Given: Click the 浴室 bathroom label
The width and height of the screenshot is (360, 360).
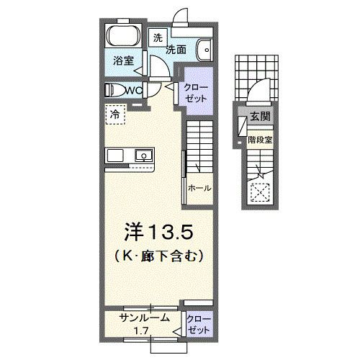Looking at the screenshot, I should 122,62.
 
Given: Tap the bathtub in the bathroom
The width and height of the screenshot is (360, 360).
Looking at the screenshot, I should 123,37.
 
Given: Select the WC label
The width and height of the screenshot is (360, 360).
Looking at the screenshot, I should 134,90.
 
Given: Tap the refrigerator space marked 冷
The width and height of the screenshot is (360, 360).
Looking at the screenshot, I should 115,114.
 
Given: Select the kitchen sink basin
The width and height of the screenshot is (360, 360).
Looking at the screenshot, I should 143,156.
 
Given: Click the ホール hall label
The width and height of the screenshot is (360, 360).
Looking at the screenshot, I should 199,188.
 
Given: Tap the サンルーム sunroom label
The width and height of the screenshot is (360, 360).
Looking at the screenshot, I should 144,318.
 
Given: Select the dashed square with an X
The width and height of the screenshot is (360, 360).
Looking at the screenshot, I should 259,190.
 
